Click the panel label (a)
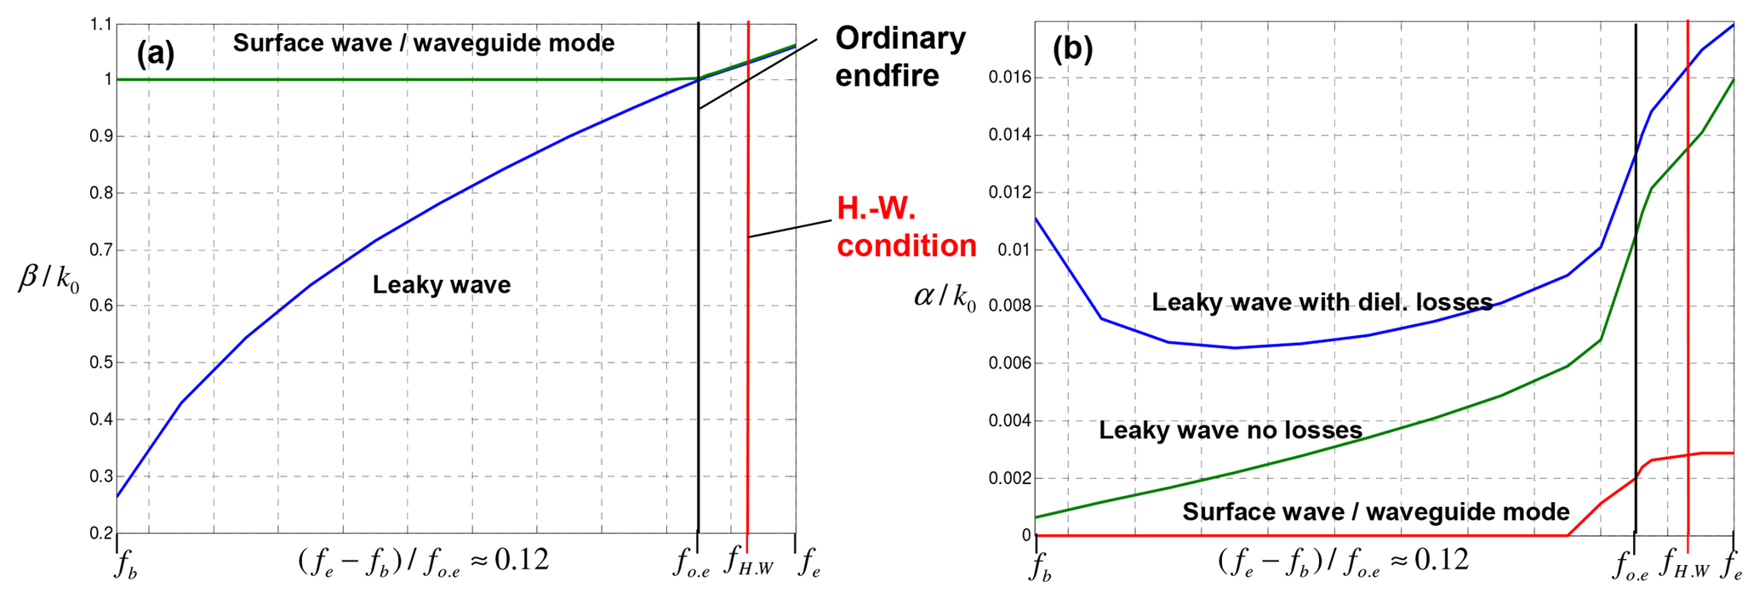[156, 54]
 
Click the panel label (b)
[1072, 48]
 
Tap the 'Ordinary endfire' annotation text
[899, 56]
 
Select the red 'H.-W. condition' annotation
[905, 226]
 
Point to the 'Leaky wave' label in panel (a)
[441, 284]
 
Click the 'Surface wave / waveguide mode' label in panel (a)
[423, 43]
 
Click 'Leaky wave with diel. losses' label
[1322, 302]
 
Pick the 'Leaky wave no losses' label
[1230, 431]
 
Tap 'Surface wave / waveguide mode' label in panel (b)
[1375, 511]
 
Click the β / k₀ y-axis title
[49, 278]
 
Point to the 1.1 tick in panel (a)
[100, 25]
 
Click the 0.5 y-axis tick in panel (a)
[100, 363]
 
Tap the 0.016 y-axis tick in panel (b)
[1009, 78]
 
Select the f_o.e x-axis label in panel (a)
[693, 563]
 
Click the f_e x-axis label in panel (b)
[1731, 565]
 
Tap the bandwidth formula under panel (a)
[423, 562]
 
